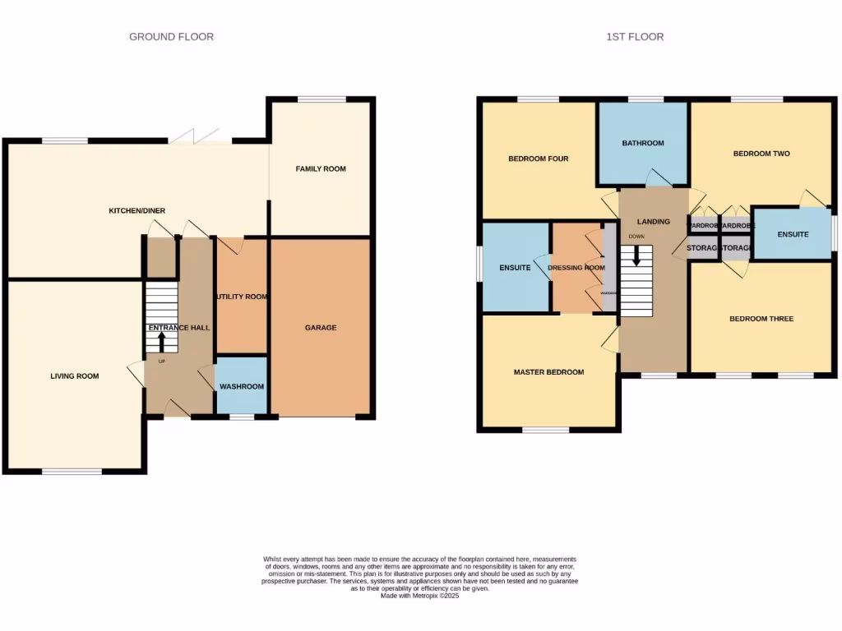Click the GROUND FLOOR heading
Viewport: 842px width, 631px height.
[x=171, y=37]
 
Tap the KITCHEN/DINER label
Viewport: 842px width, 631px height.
[x=137, y=211]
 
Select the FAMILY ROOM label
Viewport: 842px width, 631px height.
[x=321, y=169]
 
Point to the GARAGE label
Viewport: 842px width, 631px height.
[x=321, y=328]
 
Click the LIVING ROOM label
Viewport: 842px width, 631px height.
[x=75, y=376]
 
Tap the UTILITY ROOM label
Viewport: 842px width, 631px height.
[x=242, y=297]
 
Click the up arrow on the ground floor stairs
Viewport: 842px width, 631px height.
[x=161, y=339]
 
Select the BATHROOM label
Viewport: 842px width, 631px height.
[x=642, y=143]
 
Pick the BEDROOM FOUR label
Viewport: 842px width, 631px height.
[x=538, y=159]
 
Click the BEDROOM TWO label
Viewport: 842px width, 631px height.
[x=761, y=154]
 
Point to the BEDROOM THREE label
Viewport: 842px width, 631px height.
[x=761, y=319]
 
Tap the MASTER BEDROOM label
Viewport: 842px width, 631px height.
[x=548, y=372]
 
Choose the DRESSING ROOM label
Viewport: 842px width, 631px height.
[x=576, y=268]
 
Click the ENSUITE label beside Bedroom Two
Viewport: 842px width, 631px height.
[x=793, y=234]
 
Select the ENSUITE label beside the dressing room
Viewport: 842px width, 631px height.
[x=516, y=268]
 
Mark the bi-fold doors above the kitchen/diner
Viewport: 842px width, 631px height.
[x=201, y=136]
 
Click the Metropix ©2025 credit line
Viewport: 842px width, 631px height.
[x=419, y=596]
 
